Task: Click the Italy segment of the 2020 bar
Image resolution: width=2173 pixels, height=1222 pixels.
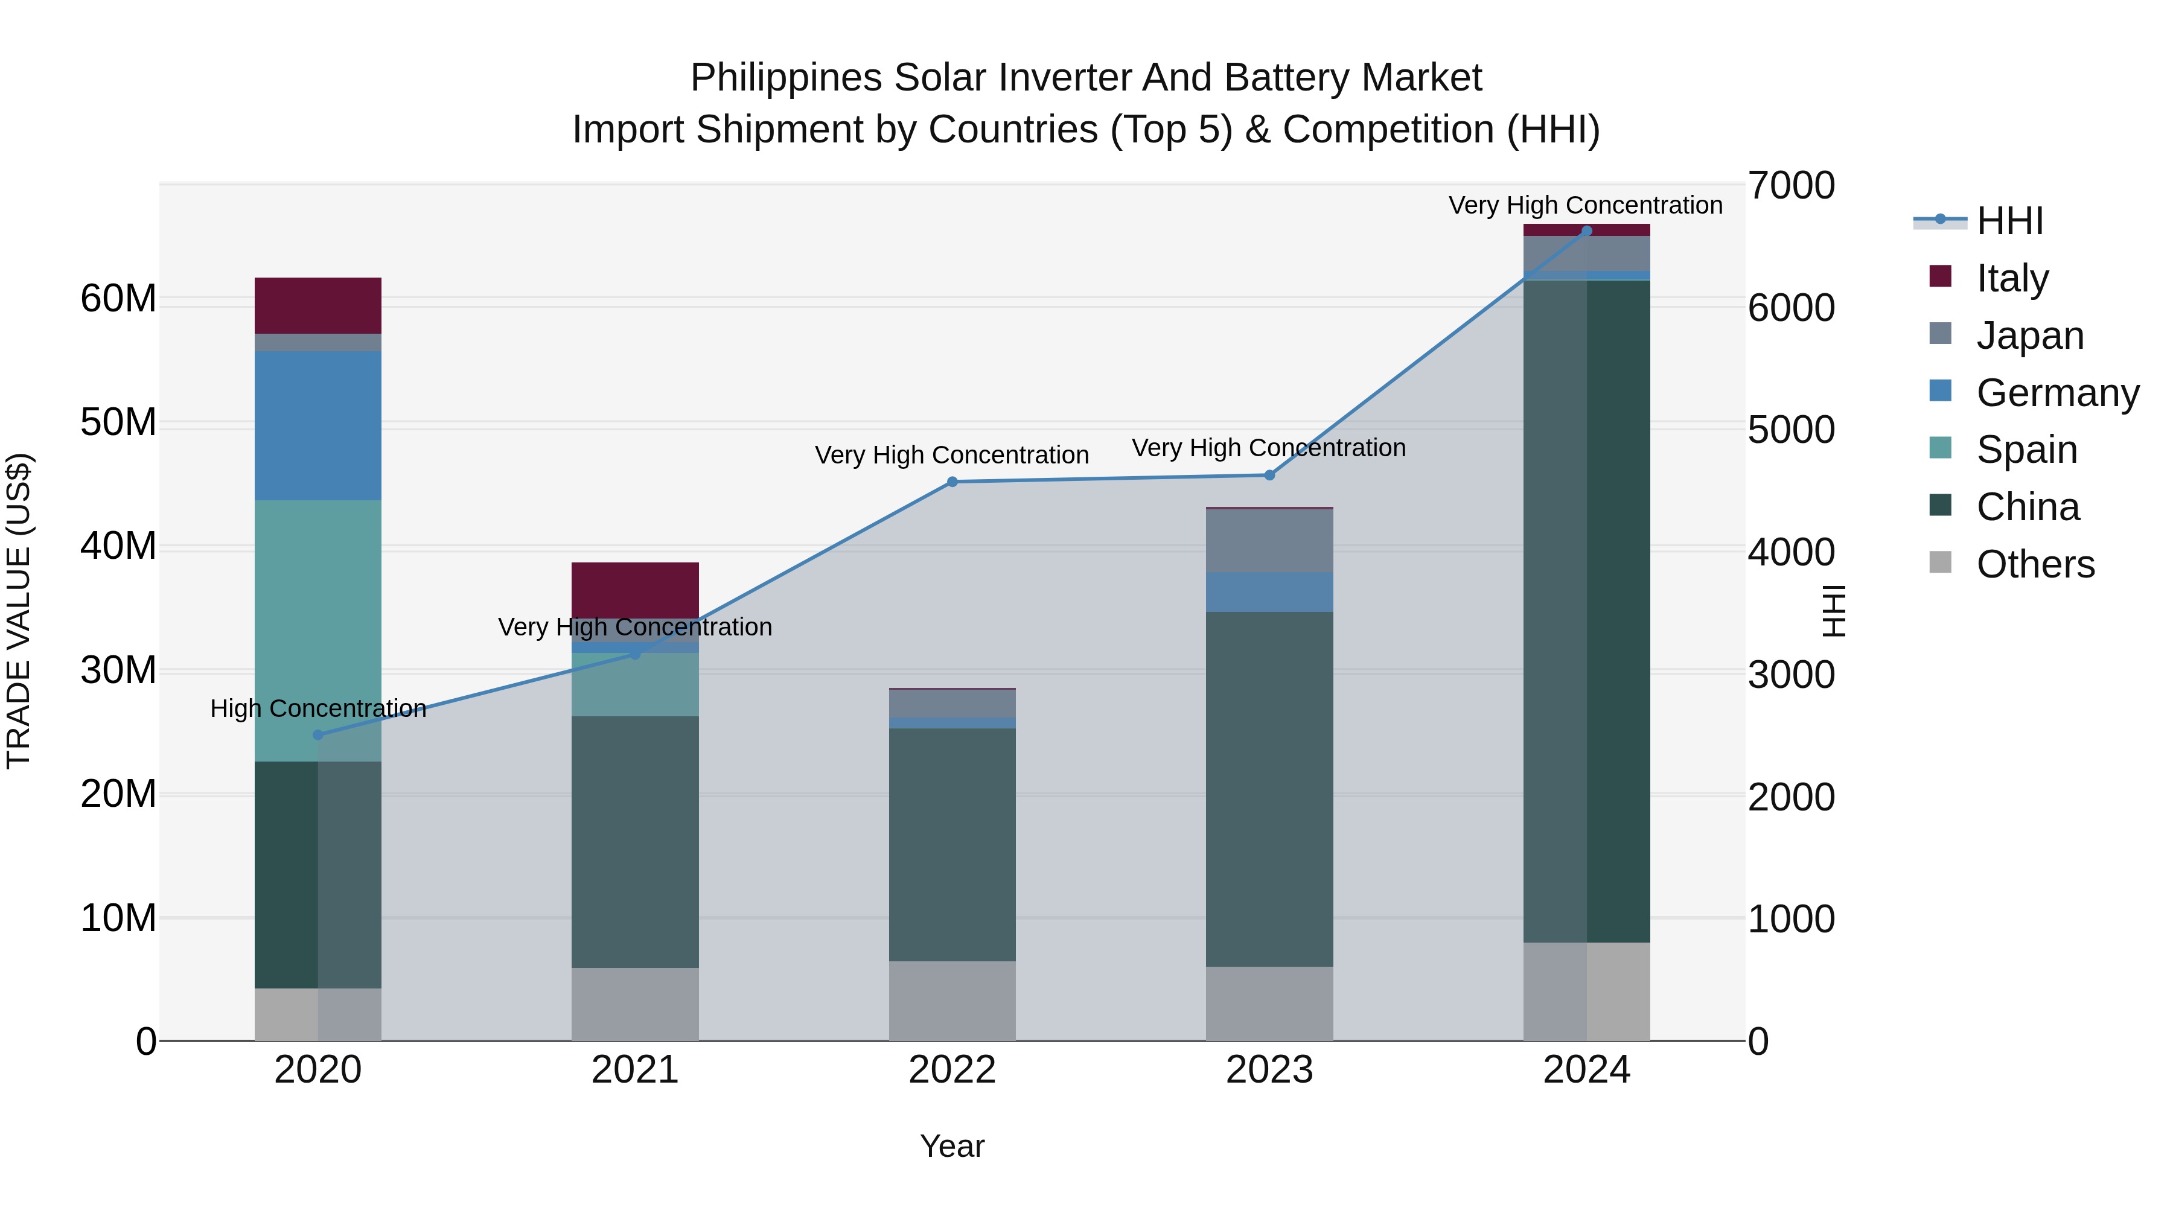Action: pyautogui.click(x=318, y=305)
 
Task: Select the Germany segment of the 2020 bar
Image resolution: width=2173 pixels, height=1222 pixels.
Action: pyautogui.click(x=318, y=426)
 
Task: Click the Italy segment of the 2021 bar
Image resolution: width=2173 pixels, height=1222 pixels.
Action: pyautogui.click(x=635, y=590)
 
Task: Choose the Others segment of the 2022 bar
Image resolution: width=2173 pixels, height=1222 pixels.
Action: pyautogui.click(x=952, y=1001)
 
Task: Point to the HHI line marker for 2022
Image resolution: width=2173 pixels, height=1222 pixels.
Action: pyautogui.click(x=952, y=482)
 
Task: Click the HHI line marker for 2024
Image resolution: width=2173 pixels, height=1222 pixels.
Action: pyautogui.click(x=1587, y=231)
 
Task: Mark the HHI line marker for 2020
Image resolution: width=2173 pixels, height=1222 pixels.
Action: pyautogui.click(x=318, y=734)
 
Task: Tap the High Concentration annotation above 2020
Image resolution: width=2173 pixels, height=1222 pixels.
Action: pyautogui.click(x=318, y=708)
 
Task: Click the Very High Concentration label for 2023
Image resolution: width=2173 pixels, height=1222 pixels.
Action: pyautogui.click(x=1269, y=448)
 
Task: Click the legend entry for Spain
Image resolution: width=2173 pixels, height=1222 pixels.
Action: pyautogui.click(x=2026, y=450)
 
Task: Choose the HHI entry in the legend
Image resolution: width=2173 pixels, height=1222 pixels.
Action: pyautogui.click(x=2009, y=221)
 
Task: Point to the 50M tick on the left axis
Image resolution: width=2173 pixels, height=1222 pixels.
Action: pyautogui.click(x=118, y=422)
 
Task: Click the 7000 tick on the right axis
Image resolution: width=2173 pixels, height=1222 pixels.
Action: pyautogui.click(x=1790, y=185)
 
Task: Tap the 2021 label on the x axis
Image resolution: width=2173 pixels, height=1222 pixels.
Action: pyautogui.click(x=635, y=1070)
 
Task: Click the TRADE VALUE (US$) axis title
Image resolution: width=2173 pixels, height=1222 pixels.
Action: pyautogui.click(x=19, y=611)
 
